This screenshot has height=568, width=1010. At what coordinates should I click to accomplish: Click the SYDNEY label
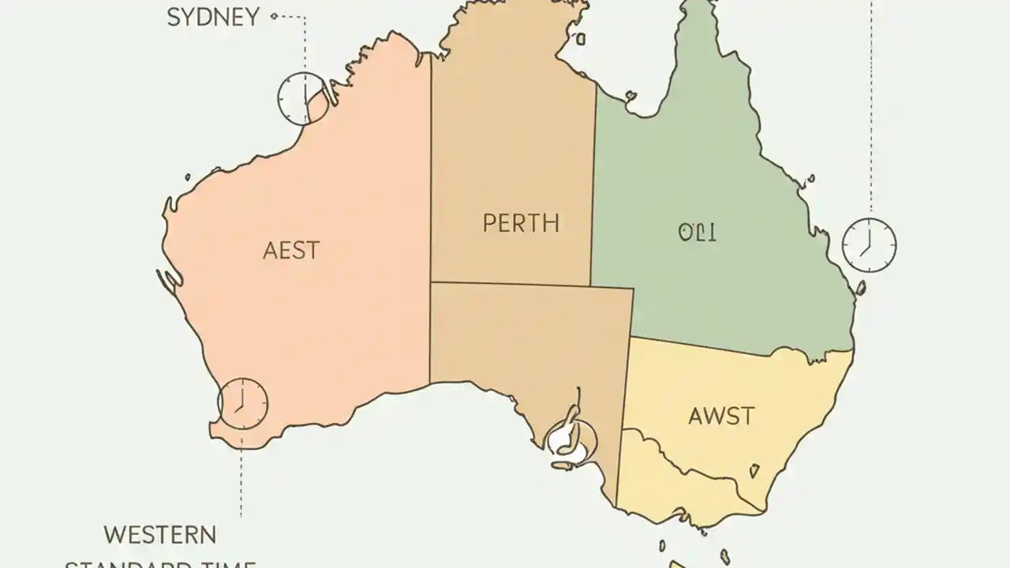(x=213, y=17)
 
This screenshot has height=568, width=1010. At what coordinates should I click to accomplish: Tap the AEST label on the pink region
(x=291, y=251)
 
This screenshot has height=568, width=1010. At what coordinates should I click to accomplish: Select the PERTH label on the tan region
(x=521, y=223)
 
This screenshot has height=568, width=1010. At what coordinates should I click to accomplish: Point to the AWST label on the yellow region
(x=721, y=416)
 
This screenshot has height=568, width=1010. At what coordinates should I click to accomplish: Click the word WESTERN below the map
(x=160, y=534)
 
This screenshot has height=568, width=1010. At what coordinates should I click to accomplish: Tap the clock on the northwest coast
(x=302, y=98)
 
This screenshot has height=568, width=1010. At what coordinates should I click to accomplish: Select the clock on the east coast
(x=869, y=245)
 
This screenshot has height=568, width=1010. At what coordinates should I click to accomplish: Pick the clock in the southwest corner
(x=242, y=404)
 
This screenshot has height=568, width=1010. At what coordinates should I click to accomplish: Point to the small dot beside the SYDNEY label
(x=274, y=16)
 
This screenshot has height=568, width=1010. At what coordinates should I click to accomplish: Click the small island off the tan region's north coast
(x=580, y=37)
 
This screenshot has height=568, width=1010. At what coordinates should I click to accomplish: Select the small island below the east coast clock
(x=862, y=288)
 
